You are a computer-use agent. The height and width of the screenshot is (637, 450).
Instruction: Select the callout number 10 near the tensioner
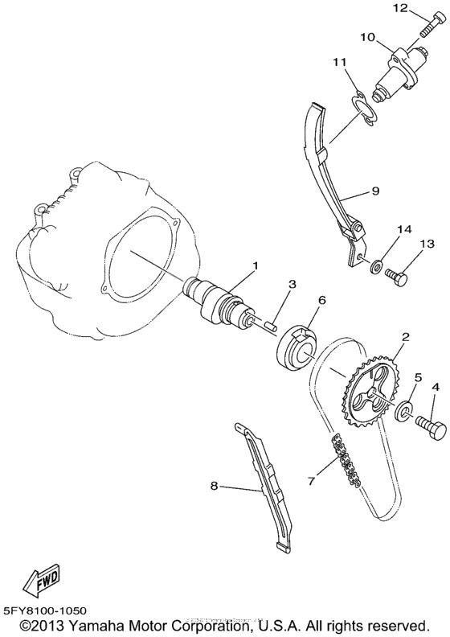pos(367,37)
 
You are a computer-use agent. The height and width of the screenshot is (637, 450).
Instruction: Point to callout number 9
pos(375,192)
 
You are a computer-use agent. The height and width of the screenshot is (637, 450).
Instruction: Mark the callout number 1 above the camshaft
pos(256,265)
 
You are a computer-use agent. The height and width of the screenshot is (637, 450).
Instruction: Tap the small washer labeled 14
pos(377,263)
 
